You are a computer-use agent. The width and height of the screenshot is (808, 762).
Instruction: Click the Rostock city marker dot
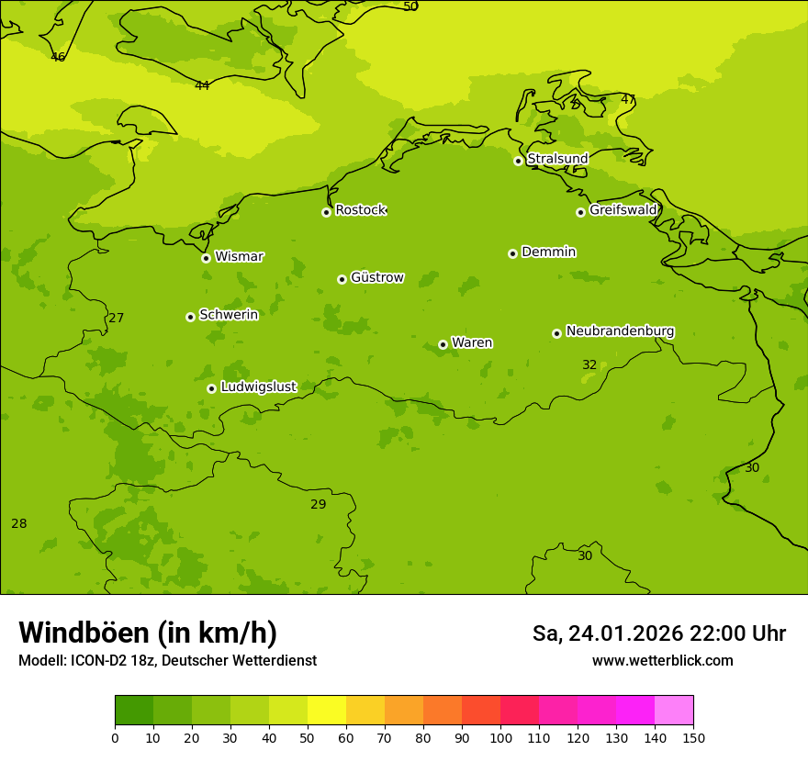[326, 212]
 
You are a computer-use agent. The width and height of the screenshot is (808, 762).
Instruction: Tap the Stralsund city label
[557, 159]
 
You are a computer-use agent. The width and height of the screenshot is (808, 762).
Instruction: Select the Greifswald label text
[623, 210]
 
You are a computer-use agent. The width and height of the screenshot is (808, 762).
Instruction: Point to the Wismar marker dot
[206, 258]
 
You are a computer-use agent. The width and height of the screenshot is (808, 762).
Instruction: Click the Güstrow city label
[376, 277]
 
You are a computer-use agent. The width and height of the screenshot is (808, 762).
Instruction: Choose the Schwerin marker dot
[190, 317]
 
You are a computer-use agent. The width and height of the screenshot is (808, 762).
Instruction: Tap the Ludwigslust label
[258, 387]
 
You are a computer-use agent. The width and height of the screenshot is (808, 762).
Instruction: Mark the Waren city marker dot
[443, 344]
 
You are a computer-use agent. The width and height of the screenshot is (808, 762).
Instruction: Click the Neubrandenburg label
[620, 331]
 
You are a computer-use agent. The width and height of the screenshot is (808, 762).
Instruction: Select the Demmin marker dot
[512, 253]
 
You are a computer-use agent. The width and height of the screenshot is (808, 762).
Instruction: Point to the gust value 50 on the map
[410, 6]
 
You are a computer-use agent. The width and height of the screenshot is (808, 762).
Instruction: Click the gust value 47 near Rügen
[628, 99]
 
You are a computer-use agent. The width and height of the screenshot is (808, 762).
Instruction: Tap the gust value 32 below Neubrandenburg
[589, 365]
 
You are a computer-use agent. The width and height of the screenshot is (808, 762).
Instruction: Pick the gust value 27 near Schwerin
[117, 319]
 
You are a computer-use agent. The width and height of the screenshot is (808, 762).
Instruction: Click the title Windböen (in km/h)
[148, 633]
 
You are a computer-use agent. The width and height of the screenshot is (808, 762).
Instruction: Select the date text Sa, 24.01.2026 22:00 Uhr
[658, 633]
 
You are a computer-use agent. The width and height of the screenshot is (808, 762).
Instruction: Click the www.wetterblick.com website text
[662, 661]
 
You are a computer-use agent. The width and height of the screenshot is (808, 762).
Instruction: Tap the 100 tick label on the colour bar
[500, 737]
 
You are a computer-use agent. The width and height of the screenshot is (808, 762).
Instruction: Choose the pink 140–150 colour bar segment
[674, 711]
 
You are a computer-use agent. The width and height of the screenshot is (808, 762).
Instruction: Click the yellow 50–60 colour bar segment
[327, 711]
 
